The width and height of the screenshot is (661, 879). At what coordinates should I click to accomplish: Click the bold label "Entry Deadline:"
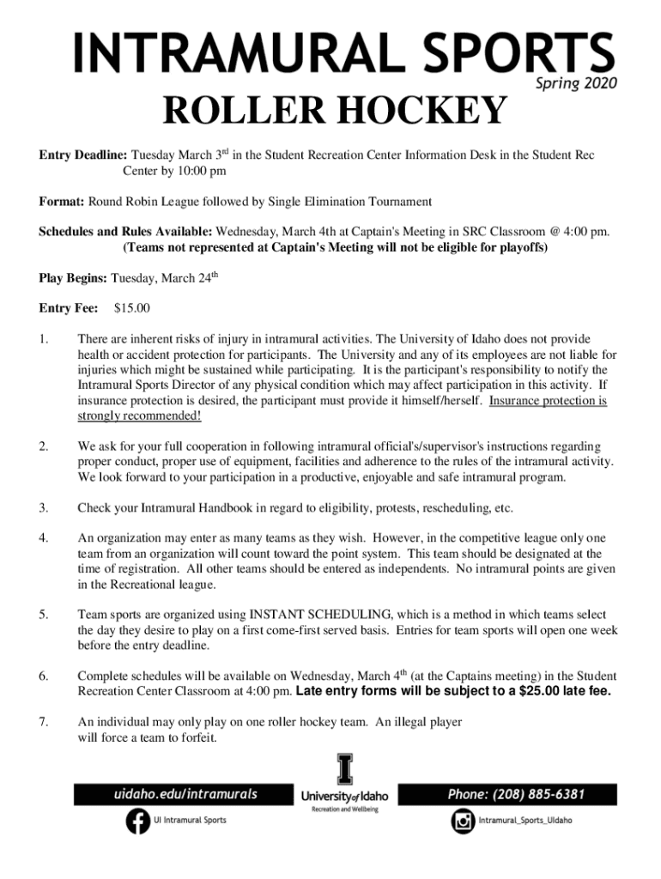[x=83, y=155]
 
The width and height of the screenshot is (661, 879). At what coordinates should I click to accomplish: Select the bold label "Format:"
[x=61, y=202]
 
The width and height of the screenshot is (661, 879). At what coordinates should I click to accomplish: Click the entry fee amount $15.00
[x=132, y=307]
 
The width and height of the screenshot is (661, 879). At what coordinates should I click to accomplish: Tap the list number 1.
[x=44, y=339]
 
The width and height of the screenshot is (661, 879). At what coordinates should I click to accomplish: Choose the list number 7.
[x=44, y=722]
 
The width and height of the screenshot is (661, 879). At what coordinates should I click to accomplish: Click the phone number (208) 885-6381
[x=517, y=794]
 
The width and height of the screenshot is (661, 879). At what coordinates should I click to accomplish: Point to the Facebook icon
[x=136, y=821]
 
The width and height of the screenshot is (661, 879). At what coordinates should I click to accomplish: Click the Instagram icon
[x=464, y=821]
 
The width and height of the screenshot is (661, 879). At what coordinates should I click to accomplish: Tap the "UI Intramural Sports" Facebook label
[x=190, y=821]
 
